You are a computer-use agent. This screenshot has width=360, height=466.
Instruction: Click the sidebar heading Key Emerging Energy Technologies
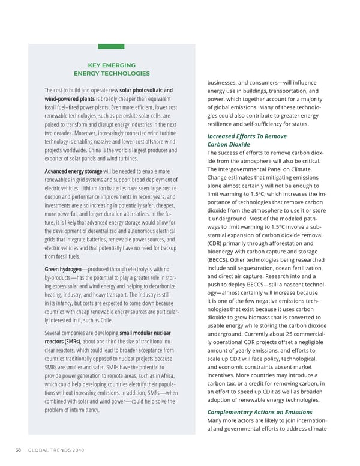pyautogui.click(x=111, y=69)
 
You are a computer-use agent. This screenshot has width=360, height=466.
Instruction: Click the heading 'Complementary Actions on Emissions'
pyautogui.click(x=259, y=412)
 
